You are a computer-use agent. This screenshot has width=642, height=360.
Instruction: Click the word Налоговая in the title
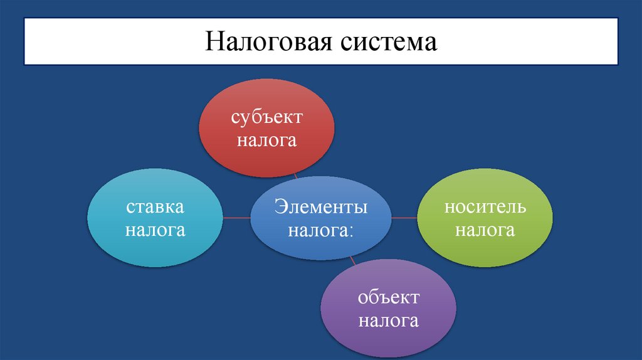(271, 42)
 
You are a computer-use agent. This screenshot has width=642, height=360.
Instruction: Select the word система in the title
(389, 42)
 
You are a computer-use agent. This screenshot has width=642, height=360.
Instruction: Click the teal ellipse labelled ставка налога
(155, 218)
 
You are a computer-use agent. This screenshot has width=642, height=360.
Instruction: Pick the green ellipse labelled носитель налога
(485, 218)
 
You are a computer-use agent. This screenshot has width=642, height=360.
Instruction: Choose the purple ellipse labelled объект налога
(389, 309)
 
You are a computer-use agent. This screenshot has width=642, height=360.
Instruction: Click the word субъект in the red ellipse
(266, 117)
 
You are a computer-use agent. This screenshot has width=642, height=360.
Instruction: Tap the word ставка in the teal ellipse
(155, 207)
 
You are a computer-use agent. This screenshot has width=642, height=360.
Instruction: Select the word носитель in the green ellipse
(485, 207)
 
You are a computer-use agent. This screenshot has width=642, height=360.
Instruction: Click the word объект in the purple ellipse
(389, 297)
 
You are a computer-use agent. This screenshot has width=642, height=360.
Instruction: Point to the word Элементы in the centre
(320, 207)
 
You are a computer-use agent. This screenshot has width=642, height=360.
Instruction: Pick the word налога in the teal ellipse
(155, 230)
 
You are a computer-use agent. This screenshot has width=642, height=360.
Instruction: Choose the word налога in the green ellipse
(485, 230)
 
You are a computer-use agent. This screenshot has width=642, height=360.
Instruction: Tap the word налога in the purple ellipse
(389, 322)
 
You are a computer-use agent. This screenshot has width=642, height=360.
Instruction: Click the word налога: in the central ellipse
(320, 230)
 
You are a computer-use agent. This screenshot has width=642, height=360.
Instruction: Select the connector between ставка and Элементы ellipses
(237, 218)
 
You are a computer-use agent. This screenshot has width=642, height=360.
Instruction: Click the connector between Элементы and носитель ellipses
(404, 218)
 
